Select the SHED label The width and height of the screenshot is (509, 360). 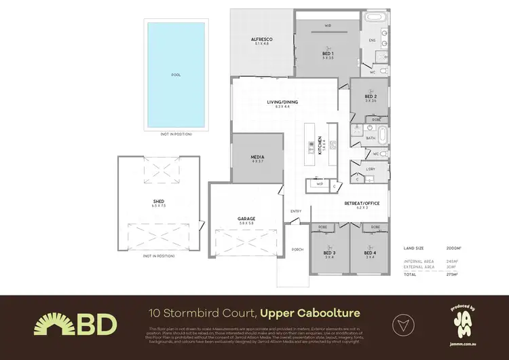point(159,202)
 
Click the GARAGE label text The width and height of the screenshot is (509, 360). point(246,219)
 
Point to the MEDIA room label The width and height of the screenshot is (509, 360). point(258,157)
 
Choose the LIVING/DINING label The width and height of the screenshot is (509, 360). point(282,103)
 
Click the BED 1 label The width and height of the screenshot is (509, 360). point(327,53)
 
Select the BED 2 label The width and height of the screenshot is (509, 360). point(370,96)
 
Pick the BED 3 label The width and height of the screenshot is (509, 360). point(330,253)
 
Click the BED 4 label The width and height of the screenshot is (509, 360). point(370,253)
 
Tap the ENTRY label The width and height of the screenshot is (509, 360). point(296,211)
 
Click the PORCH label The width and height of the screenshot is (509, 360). point(297,249)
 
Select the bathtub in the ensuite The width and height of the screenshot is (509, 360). point(374,18)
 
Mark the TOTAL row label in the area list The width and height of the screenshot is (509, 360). point(411,274)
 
